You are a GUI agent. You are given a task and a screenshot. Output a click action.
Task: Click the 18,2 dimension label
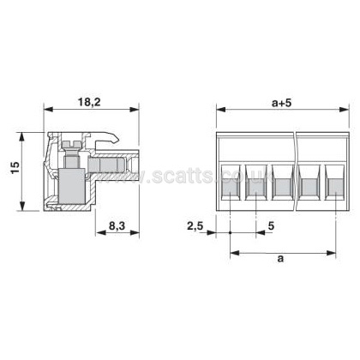click(89, 102)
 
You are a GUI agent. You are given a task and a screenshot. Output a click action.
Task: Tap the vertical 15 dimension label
click(15, 167)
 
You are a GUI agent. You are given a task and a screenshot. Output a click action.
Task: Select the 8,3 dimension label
click(117, 226)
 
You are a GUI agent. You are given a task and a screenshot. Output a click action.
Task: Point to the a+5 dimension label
click(282, 103)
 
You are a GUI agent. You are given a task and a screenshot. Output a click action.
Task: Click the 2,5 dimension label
click(195, 226)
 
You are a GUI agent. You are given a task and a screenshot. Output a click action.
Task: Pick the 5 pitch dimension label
click(271, 226)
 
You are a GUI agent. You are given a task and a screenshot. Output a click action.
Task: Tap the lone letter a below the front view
click(281, 259)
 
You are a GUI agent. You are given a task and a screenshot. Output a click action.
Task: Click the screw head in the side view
click(70, 144)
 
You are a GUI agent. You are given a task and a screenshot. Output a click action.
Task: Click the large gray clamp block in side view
click(72, 186)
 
